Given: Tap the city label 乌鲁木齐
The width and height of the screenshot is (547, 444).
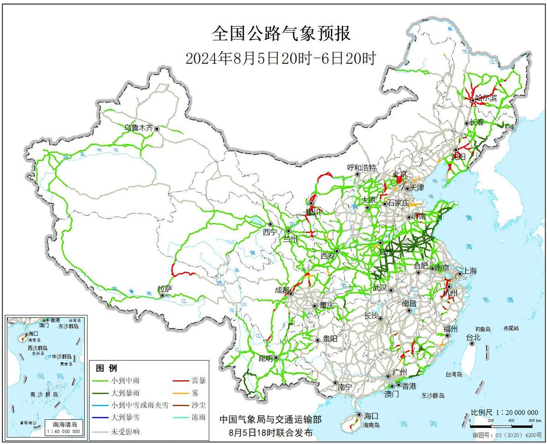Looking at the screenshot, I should [x=139, y=128].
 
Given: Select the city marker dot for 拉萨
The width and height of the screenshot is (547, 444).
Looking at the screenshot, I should [x=163, y=296].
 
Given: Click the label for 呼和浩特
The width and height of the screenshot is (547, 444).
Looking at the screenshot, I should [x=361, y=167].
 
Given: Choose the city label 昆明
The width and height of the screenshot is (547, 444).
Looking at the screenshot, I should [x=265, y=358].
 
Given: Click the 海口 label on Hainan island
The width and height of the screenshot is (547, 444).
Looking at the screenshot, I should [x=371, y=415].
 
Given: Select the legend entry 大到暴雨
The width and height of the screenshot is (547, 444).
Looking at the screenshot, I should [x=125, y=392].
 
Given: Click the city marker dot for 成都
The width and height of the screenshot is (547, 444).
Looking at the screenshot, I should [x=291, y=294].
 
